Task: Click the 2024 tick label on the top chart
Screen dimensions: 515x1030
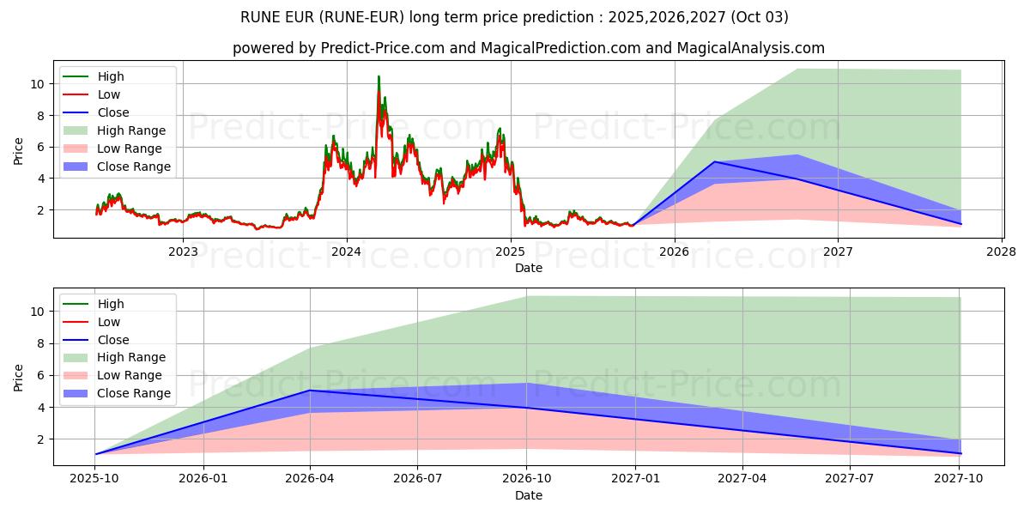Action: (x=347, y=251)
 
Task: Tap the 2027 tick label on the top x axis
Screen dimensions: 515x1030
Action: (x=838, y=251)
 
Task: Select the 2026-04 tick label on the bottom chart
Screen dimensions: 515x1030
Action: (x=310, y=479)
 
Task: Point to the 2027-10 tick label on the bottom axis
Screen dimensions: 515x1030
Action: (x=960, y=479)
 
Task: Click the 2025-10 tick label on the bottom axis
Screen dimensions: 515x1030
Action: (x=94, y=479)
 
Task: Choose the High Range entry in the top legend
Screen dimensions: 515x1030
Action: (x=131, y=130)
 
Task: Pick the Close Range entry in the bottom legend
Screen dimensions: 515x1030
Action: (x=134, y=393)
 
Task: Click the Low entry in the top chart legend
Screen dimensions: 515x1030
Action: (x=109, y=94)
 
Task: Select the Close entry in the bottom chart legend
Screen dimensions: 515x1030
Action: (x=113, y=340)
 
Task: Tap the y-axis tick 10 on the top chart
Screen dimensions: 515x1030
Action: (x=37, y=84)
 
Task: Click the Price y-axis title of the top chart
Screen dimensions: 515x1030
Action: (x=19, y=150)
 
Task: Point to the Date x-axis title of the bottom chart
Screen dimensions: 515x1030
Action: (x=529, y=495)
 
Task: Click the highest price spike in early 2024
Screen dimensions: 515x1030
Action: (x=379, y=77)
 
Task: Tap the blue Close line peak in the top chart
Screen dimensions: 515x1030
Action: (x=715, y=161)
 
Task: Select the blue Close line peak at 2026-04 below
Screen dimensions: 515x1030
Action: (x=310, y=391)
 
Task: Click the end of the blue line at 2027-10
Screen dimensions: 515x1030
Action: (x=960, y=453)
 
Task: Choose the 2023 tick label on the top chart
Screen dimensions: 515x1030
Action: (x=183, y=251)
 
